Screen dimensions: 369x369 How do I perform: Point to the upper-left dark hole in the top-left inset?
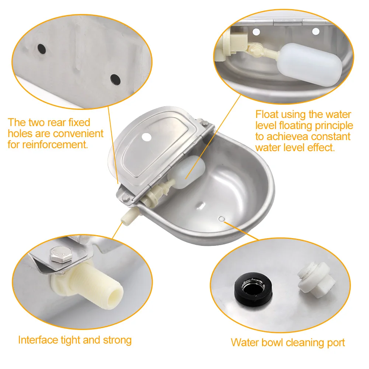[x=41, y=48]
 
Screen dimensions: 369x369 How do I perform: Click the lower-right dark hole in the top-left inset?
[x=115, y=78]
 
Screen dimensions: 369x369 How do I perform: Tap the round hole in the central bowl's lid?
[x=147, y=137]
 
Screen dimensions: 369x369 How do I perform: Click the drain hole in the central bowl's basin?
[x=221, y=219]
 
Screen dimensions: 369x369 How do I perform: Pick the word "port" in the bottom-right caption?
[x=335, y=342]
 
